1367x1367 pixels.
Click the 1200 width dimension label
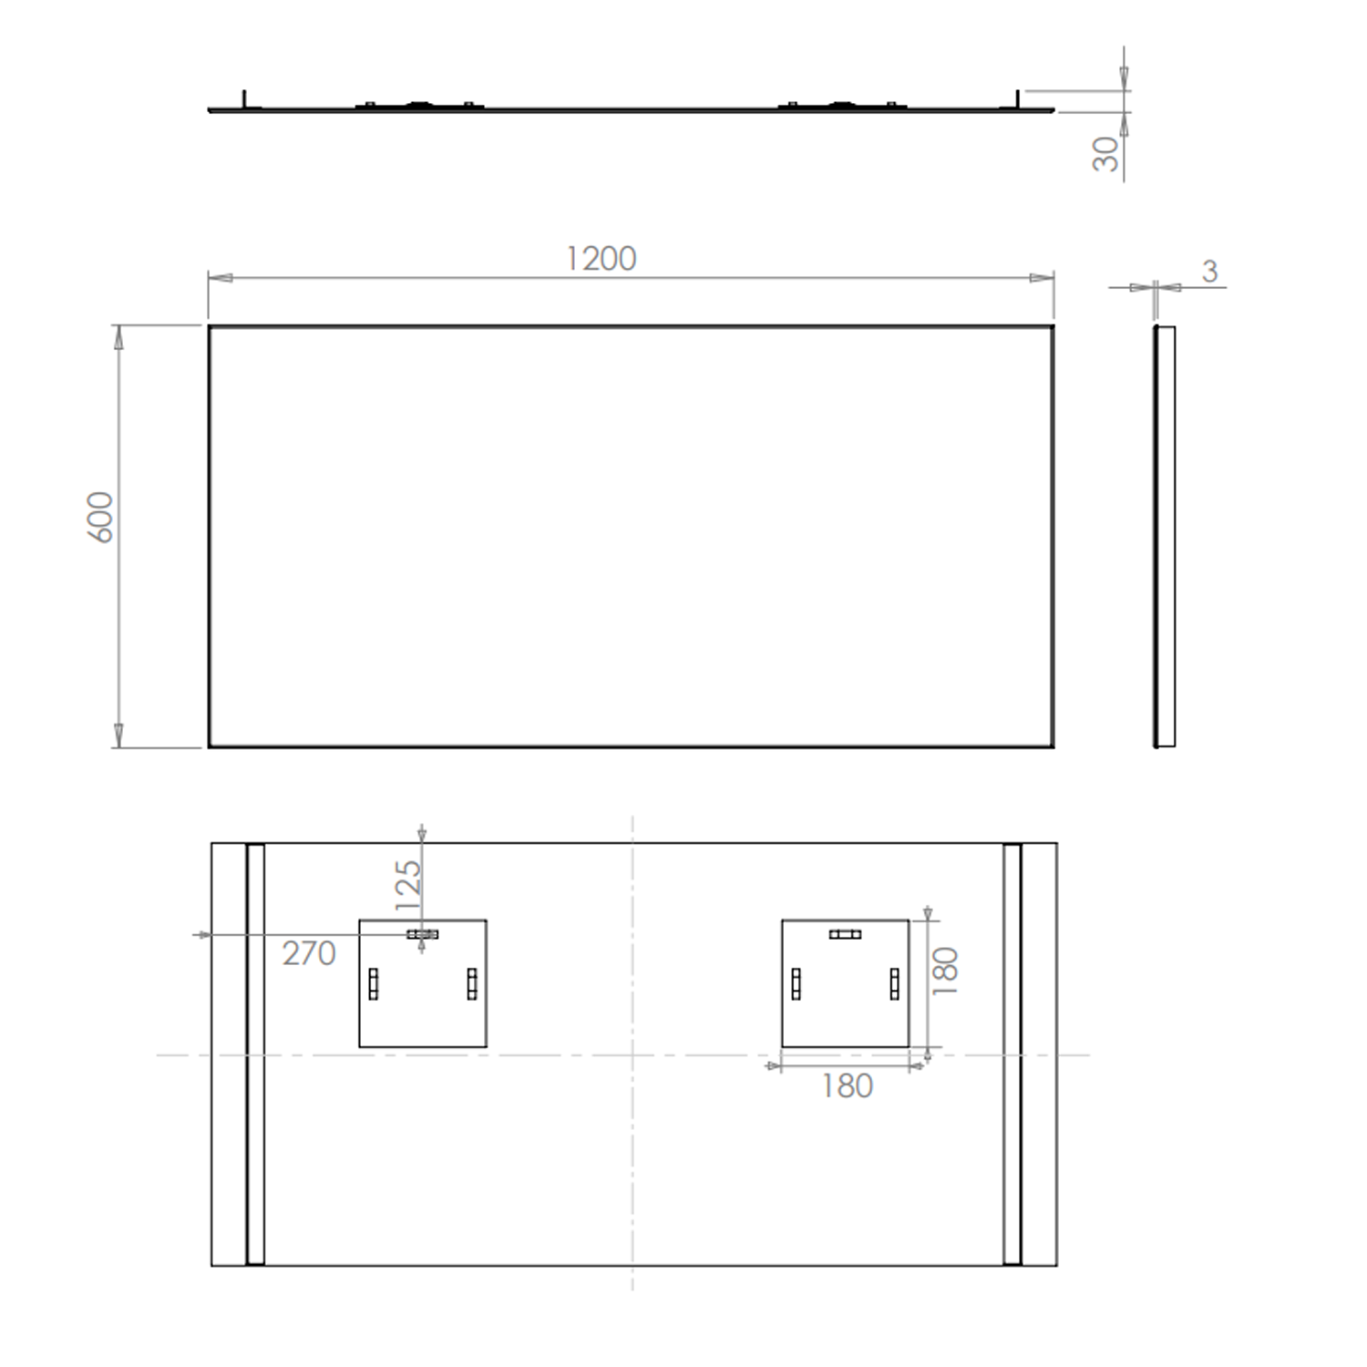(x=601, y=259)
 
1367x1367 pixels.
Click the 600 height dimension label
(x=100, y=517)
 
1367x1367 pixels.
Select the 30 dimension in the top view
(x=1105, y=154)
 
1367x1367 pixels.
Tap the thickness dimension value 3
(x=1209, y=272)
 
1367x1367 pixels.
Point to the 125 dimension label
(x=408, y=885)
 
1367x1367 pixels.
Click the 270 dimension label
(x=309, y=953)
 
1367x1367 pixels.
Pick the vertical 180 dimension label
(x=946, y=971)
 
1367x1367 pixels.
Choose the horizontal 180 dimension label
(x=848, y=1086)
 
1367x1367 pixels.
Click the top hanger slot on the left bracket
(x=422, y=934)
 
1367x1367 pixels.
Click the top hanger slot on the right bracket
(x=845, y=934)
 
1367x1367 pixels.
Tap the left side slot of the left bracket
(x=373, y=983)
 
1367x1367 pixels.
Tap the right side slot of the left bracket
(x=471, y=983)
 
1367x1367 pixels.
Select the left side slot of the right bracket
(x=796, y=983)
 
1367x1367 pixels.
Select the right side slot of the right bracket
(x=894, y=983)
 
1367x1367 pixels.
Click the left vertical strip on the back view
(x=255, y=1054)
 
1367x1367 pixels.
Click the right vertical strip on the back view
(x=1012, y=1054)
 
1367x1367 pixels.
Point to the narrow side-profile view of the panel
(x=1165, y=537)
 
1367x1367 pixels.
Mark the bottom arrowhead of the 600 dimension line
(x=118, y=735)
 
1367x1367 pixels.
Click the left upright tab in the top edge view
(x=243, y=98)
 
